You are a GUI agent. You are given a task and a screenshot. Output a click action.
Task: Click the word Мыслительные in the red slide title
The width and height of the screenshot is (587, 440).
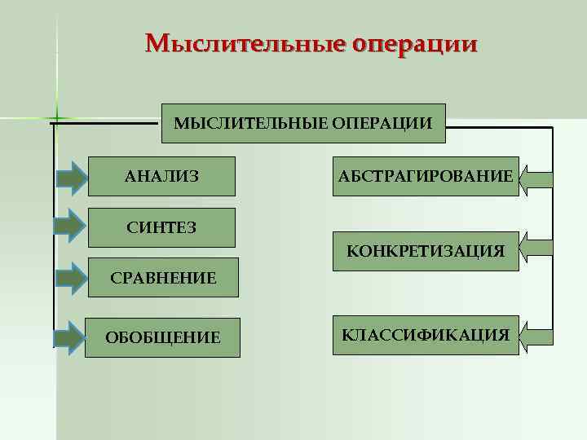click(x=245, y=42)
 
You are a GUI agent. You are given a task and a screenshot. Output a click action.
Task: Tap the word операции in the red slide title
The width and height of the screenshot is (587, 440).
click(x=413, y=44)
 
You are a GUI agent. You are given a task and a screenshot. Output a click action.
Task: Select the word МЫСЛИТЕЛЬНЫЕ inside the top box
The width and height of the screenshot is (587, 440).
click(x=251, y=123)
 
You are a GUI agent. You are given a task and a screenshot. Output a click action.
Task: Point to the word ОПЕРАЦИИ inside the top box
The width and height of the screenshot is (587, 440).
click(x=382, y=123)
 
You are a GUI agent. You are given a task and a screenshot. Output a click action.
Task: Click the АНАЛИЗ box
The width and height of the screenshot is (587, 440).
click(x=161, y=176)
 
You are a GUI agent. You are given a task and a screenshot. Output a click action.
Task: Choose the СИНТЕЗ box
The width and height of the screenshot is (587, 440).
click(x=161, y=227)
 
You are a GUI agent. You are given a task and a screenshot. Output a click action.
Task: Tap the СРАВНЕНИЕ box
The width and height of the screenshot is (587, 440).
click(x=163, y=278)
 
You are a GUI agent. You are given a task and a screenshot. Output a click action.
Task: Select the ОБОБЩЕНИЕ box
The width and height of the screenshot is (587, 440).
click(x=163, y=337)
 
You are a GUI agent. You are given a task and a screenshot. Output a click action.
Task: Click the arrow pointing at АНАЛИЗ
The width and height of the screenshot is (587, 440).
click(x=72, y=177)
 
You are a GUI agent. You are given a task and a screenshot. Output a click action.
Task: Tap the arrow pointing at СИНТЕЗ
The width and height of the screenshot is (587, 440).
click(x=72, y=227)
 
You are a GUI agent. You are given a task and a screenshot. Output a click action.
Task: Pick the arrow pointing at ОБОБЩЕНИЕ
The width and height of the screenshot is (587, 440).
click(x=72, y=337)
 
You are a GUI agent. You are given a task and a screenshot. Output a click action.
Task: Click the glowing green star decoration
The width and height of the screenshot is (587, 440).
click(x=56, y=115)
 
